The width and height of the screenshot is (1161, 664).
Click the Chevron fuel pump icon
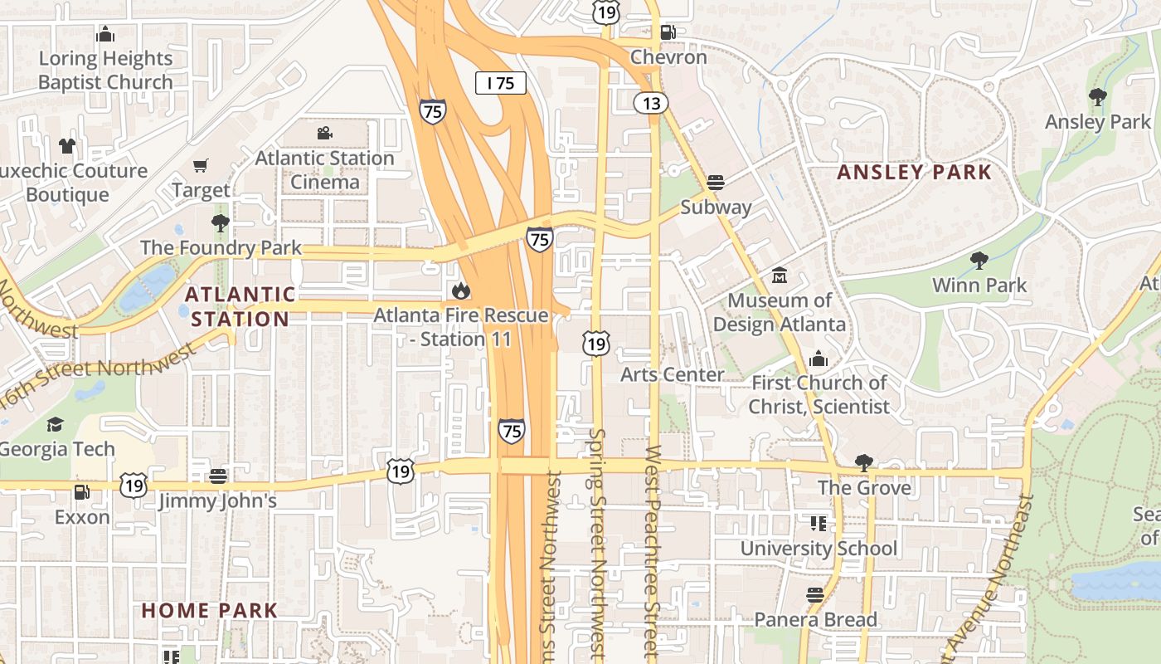668,32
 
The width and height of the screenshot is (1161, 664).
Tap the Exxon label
82,517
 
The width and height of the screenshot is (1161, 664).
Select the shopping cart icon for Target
201,166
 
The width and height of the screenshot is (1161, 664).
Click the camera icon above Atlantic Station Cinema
324,134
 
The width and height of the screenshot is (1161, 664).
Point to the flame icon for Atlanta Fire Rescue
461,290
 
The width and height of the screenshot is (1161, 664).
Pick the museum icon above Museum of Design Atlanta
780,275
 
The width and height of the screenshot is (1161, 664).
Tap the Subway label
716,207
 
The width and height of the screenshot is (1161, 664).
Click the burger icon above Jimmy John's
218,476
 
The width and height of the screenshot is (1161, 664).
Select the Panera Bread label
815,619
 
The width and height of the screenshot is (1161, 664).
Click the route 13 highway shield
651,103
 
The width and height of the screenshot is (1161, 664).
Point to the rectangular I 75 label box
501,83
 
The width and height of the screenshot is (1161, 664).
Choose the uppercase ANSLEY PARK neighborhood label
914,172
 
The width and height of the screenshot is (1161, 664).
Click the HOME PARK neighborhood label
209,610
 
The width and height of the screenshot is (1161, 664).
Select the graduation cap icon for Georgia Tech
55,425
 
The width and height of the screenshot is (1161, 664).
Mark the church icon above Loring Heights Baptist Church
105,34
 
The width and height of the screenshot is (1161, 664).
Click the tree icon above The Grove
864,462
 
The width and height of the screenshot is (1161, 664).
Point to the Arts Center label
673,374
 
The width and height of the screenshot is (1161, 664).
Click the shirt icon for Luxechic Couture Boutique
67,146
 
